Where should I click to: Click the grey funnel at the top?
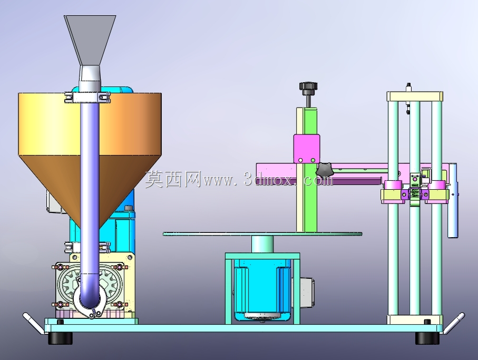[90, 40]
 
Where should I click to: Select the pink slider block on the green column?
[307, 149]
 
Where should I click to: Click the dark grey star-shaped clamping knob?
[324, 170]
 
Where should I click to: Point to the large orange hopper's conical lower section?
[61, 183]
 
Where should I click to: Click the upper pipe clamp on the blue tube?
[87, 97]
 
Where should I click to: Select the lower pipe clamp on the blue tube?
[87, 247]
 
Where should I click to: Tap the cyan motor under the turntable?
[262, 289]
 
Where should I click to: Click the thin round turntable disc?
[262, 234]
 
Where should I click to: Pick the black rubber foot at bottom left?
[61, 338]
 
